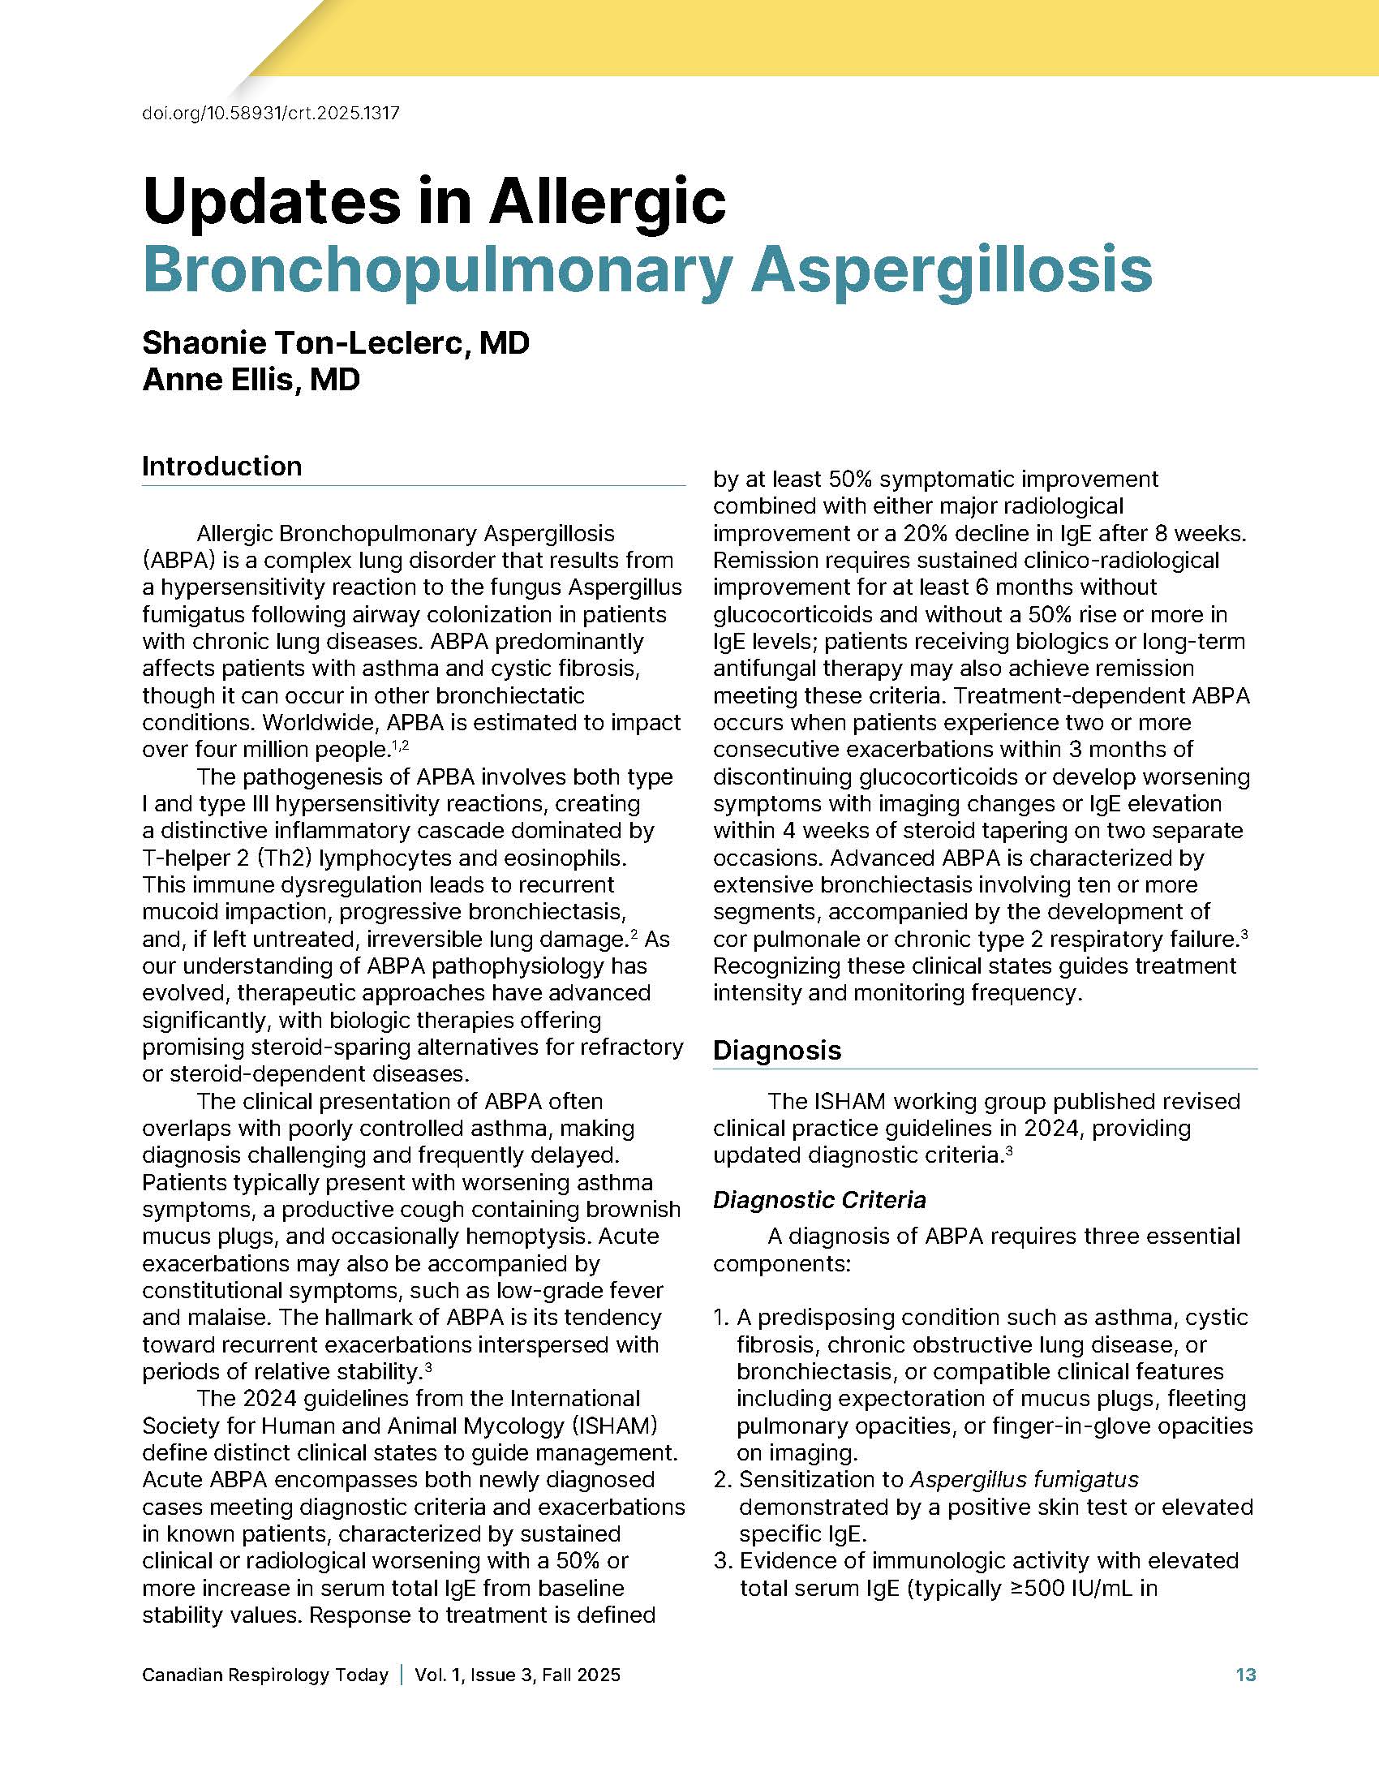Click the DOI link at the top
[x=270, y=113]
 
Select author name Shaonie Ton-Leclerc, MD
[x=336, y=342]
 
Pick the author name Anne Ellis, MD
[x=251, y=379]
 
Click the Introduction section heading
[x=221, y=466]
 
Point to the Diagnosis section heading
[x=776, y=1049]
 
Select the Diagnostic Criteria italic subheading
[x=818, y=1200]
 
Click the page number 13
[x=1245, y=1675]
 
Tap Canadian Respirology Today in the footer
[x=264, y=1675]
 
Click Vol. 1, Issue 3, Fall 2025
[x=518, y=1675]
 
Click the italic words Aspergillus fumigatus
[x=1024, y=1479]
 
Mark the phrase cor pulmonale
[x=790, y=938]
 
